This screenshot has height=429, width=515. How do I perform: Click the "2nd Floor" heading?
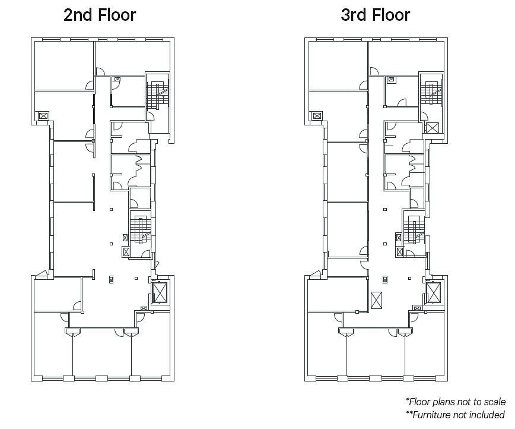[x=100, y=15]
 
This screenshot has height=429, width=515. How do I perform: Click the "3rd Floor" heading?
[x=376, y=15]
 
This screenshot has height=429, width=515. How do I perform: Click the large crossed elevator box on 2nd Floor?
[x=160, y=292]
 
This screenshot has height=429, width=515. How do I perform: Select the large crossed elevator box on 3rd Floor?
[x=434, y=292]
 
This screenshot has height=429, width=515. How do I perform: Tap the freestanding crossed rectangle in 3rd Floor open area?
[x=376, y=301]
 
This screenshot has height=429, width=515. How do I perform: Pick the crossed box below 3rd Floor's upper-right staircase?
[x=433, y=128]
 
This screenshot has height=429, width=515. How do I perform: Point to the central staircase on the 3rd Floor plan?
[x=414, y=229]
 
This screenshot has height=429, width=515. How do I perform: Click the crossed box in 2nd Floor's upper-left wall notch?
[x=43, y=116]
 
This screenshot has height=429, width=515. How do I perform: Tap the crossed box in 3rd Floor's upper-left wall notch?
[x=317, y=116]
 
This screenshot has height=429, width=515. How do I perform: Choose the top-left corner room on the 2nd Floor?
[x=64, y=65]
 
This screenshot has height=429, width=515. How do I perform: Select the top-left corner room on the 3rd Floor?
[x=338, y=65]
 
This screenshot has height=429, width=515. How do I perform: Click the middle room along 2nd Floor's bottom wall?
[x=102, y=354]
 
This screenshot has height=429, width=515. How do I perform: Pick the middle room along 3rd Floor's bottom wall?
[x=376, y=354]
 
